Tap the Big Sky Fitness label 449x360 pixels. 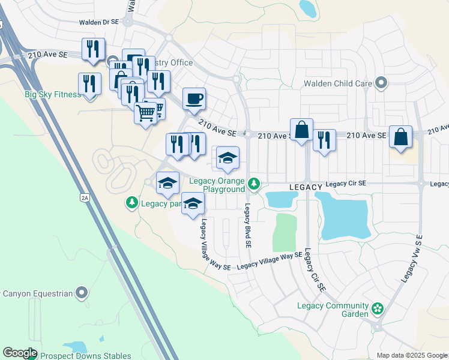tap(52, 95)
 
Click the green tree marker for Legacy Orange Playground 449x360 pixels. tap(255, 183)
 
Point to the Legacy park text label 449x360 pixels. tap(161, 203)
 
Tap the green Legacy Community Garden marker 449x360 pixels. tap(377, 309)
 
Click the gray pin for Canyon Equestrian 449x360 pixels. tap(82, 293)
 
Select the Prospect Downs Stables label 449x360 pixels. tap(85, 356)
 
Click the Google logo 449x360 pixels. tap(19, 353)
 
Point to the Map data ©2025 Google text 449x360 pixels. tap(411, 355)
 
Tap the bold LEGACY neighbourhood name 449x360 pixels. tap(307, 188)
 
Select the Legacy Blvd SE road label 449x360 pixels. tap(247, 226)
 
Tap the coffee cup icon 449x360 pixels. tap(194, 99)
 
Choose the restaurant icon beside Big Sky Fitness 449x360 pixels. tap(89, 83)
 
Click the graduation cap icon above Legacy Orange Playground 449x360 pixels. tap(228, 158)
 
